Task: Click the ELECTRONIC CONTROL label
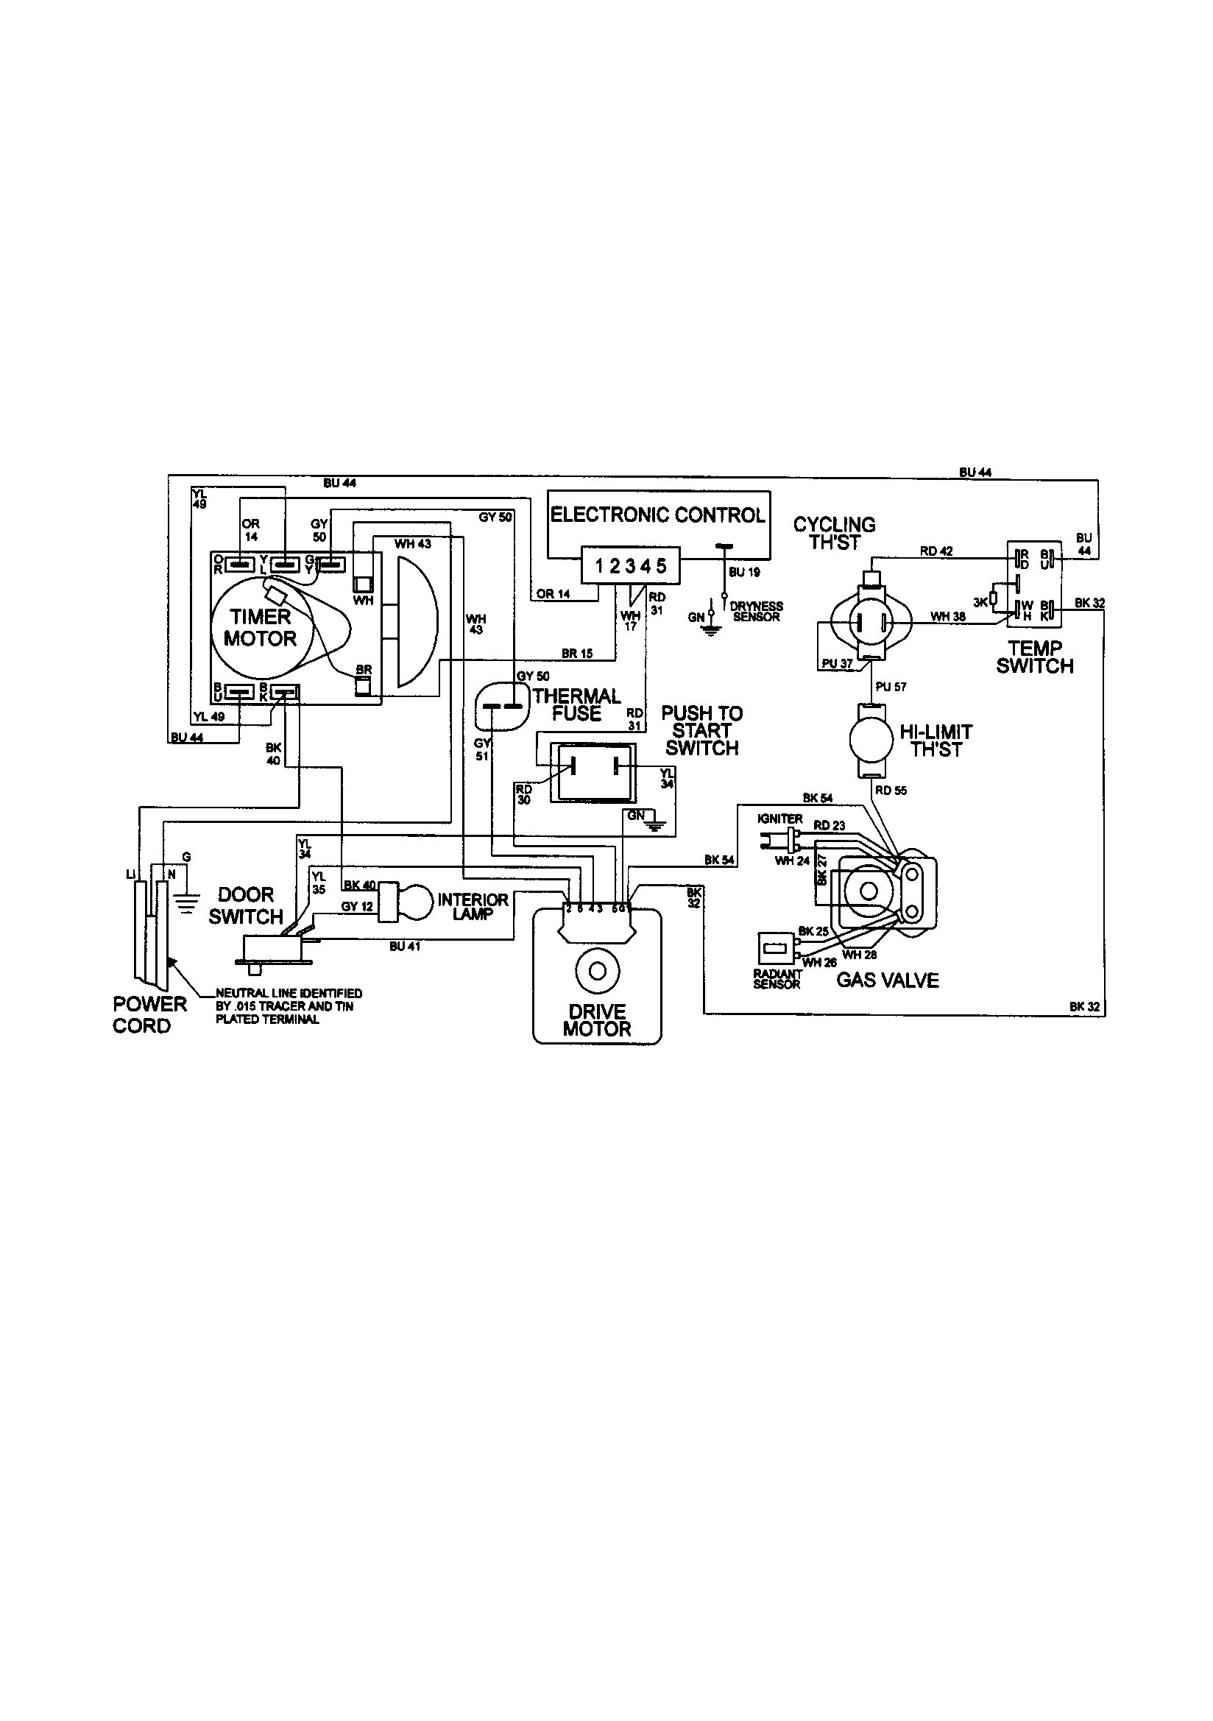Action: [x=657, y=515]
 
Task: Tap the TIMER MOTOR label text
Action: [x=260, y=627]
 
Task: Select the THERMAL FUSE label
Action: [x=576, y=704]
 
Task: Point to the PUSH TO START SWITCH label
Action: [x=701, y=731]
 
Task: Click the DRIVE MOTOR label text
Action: [x=597, y=1021]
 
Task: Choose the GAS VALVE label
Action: [x=888, y=980]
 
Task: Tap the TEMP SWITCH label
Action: [x=1035, y=657]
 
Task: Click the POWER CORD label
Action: [x=149, y=1014]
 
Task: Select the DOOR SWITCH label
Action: [x=246, y=905]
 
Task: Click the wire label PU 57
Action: [x=891, y=687]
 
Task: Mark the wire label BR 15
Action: [x=576, y=654]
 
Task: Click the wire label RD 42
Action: [x=936, y=551]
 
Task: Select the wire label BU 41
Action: [x=405, y=947]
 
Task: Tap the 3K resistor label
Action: [x=980, y=602]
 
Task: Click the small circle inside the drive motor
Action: [x=598, y=971]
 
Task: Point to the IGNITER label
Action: [x=779, y=819]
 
